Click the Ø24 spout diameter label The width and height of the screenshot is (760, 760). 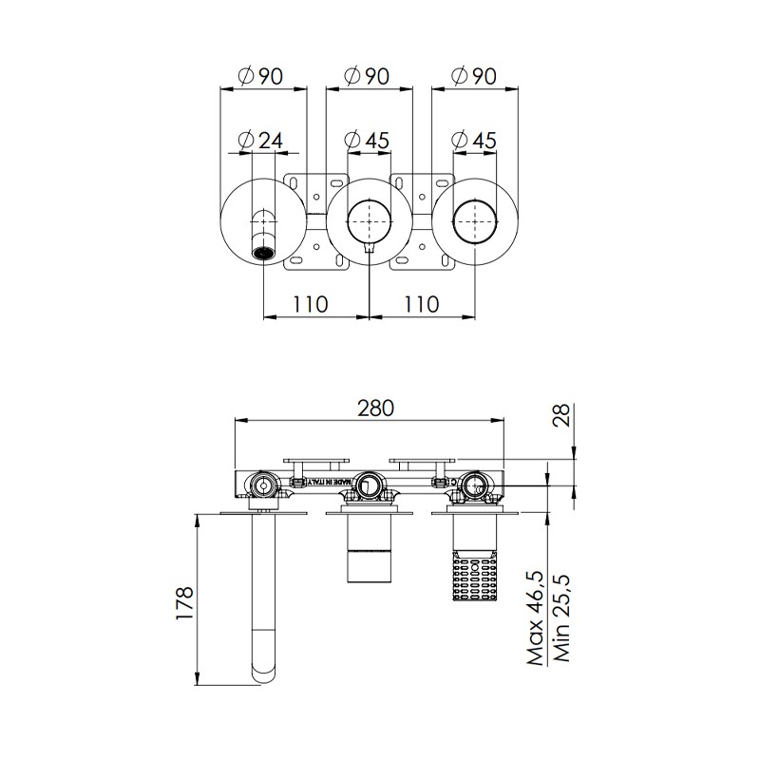[260, 141]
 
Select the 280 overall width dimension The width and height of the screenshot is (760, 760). [375, 408]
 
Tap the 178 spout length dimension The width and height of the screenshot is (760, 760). [184, 603]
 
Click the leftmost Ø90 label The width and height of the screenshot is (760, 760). [260, 76]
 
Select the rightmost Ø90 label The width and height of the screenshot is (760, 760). [474, 76]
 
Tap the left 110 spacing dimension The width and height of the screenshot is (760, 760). [311, 304]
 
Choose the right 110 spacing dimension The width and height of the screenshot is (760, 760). [421, 304]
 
